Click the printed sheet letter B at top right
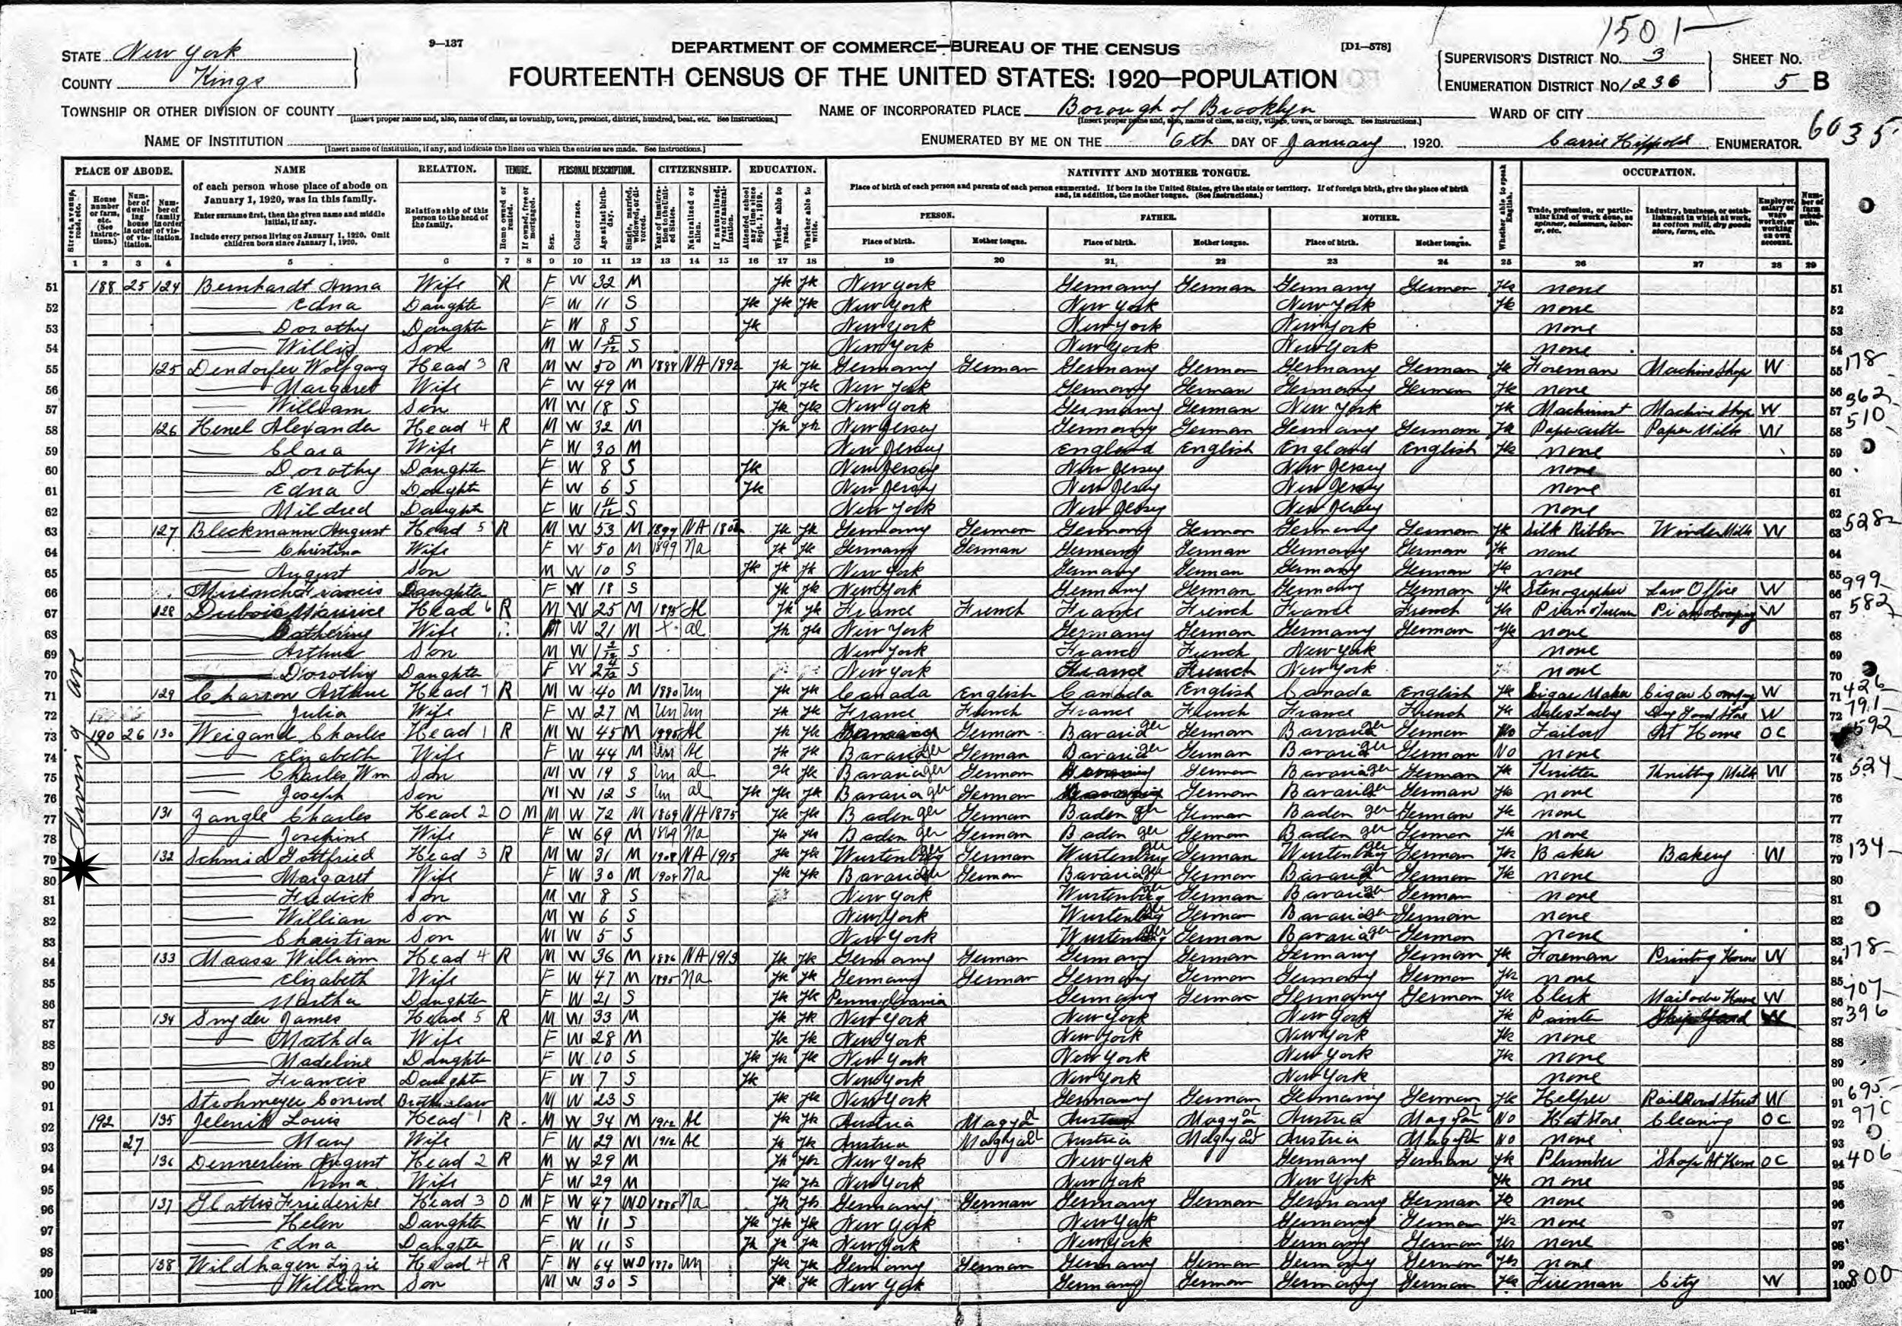coord(1818,84)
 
